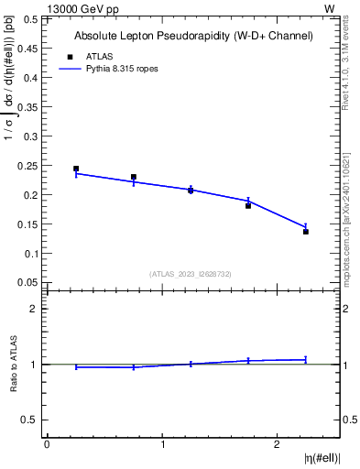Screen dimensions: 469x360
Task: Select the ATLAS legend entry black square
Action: coord(65,56)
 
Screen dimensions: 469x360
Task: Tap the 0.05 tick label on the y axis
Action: coord(28,282)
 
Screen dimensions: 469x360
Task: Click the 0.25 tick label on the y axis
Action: coord(28,166)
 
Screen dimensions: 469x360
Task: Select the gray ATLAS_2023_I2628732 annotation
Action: coord(191,273)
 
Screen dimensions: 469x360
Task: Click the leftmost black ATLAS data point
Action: coord(76,169)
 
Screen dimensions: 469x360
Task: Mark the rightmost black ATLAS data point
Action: coord(306,232)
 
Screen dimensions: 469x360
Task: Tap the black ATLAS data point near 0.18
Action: coord(248,206)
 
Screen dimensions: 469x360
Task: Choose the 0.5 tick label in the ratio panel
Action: coord(30,420)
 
